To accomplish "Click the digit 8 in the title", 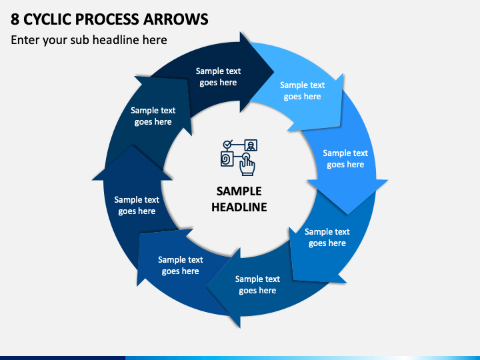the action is point(15,19).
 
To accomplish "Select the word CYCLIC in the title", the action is point(47,19).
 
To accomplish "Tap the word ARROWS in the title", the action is point(176,19).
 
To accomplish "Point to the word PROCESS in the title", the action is point(107,19).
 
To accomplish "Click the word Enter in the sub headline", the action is point(25,40).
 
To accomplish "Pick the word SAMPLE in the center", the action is point(239,191).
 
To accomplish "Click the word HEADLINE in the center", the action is point(239,207).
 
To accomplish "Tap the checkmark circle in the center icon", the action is point(227,144).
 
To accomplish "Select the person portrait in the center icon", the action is point(251,145).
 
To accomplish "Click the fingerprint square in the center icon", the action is point(227,159).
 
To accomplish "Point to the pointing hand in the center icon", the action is point(247,165).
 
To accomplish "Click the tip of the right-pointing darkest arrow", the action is point(274,73).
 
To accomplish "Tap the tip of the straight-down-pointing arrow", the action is point(347,214).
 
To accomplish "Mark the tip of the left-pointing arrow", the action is point(206,288).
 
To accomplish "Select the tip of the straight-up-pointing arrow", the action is point(132,145).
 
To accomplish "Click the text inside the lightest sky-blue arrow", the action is point(302,91).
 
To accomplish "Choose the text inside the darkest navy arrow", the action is point(218,77).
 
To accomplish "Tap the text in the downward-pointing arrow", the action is point(345,159).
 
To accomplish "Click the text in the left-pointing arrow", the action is point(257,285).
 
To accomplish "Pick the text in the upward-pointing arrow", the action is point(137,205).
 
